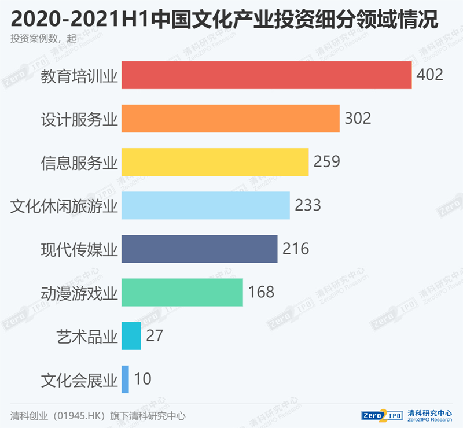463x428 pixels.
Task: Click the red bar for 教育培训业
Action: point(266,75)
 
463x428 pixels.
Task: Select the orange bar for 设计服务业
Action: point(230,119)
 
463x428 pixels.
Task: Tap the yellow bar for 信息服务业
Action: point(215,162)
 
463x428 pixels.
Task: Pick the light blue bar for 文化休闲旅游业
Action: point(205,205)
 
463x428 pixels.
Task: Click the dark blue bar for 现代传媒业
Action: point(199,249)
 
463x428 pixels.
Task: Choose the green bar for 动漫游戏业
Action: point(182,292)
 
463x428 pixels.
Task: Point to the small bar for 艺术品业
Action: point(131,335)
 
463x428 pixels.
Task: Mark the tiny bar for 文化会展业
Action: point(125,379)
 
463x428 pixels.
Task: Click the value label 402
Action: point(429,75)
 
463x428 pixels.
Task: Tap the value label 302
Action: point(357,119)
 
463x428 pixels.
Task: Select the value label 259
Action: point(326,162)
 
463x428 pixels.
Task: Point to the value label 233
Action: point(307,205)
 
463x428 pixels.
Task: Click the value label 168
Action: point(261,292)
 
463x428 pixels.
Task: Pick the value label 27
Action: point(155,335)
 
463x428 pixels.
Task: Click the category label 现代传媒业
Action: point(79,249)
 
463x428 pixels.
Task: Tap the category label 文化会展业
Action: point(79,379)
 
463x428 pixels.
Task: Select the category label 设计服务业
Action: point(79,119)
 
